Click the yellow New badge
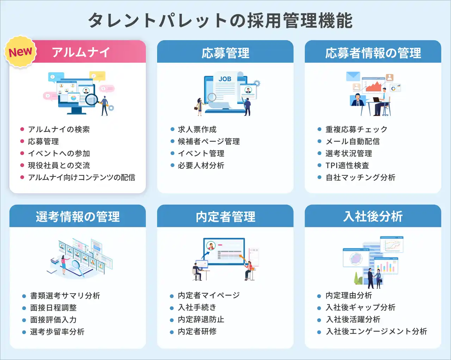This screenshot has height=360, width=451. click(20, 51)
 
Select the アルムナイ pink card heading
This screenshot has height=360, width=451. click(81, 52)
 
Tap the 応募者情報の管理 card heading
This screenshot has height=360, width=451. click(373, 53)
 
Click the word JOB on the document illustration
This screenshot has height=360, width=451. click(225, 79)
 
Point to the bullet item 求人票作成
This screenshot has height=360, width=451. click(197, 129)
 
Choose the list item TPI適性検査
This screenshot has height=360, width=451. click(347, 165)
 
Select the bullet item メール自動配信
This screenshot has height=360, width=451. click(352, 141)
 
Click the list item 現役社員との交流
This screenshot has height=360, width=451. click(59, 165)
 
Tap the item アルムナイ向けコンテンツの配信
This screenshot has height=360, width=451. click(82, 177)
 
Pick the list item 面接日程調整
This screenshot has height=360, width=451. click(54, 308)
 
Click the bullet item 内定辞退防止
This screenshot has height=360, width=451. click(201, 319)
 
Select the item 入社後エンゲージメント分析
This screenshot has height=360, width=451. click(376, 331)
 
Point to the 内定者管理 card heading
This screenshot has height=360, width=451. click(225, 217)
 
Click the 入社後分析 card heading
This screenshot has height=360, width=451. click(373, 216)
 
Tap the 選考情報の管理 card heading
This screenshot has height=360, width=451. click(78, 217)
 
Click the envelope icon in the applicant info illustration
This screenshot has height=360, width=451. click(353, 76)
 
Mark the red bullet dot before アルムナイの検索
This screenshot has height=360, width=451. click(22, 129)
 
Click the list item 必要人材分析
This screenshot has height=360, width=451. click(201, 165)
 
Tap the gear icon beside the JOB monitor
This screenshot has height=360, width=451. click(257, 83)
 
